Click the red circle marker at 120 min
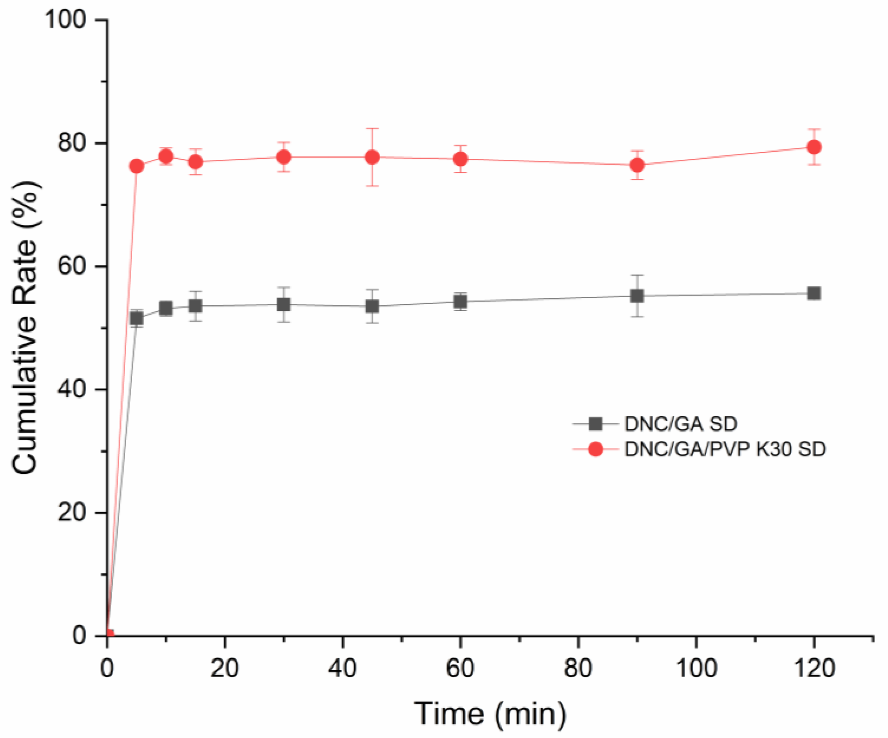click(x=814, y=147)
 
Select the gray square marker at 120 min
click(x=814, y=293)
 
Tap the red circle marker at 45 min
click(x=372, y=157)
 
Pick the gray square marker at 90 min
click(x=637, y=296)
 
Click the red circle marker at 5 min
click(x=137, y=166)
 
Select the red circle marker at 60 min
click(x=460, y=159)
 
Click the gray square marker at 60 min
click(x=460, y=302)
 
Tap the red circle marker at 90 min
click(x=637, y=165)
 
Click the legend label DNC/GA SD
click(x=681, y=424)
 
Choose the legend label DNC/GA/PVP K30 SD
click(x=725, y=449)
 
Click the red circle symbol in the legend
click(x=595, y=450)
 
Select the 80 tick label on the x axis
click(x=578, y=668)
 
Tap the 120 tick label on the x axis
click(x=814, y=668)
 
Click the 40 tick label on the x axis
click(x=343, y=668)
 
